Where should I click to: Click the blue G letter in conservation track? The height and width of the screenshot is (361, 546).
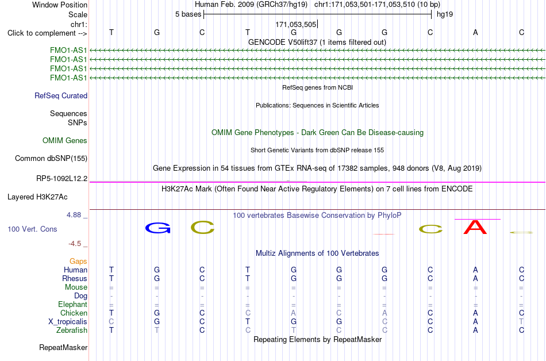(157, 228)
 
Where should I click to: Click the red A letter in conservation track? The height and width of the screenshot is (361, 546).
(475, 227)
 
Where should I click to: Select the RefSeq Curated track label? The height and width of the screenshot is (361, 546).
(61, 96)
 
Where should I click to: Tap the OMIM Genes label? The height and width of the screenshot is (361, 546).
(65, 141)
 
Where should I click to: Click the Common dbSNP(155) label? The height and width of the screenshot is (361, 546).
(51, 159)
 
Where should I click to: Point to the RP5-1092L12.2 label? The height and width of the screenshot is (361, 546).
(61, 179)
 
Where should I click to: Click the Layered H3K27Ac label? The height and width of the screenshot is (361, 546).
(37, 197)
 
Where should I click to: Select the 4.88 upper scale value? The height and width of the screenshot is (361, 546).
(74, 215)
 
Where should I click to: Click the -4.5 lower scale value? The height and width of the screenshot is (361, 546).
(75, 244)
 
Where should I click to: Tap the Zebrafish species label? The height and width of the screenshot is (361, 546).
(72, 331)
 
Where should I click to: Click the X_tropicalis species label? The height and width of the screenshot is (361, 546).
(68, 322)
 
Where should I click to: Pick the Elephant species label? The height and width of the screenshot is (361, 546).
(73, 305)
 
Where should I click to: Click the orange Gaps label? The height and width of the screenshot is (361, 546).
(78, 262)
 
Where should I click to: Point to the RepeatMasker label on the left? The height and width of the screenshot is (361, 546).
(63, 348)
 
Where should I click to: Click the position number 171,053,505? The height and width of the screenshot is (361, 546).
(295, 24)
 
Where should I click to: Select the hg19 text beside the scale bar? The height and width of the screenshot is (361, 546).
(445, 14)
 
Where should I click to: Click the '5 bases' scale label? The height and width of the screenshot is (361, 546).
(188, 14)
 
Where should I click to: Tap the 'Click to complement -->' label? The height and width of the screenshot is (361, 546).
(47, 33)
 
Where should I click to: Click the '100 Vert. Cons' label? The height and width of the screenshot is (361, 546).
(32, 229)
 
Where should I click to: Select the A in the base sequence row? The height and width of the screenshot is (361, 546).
(475, 32)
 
